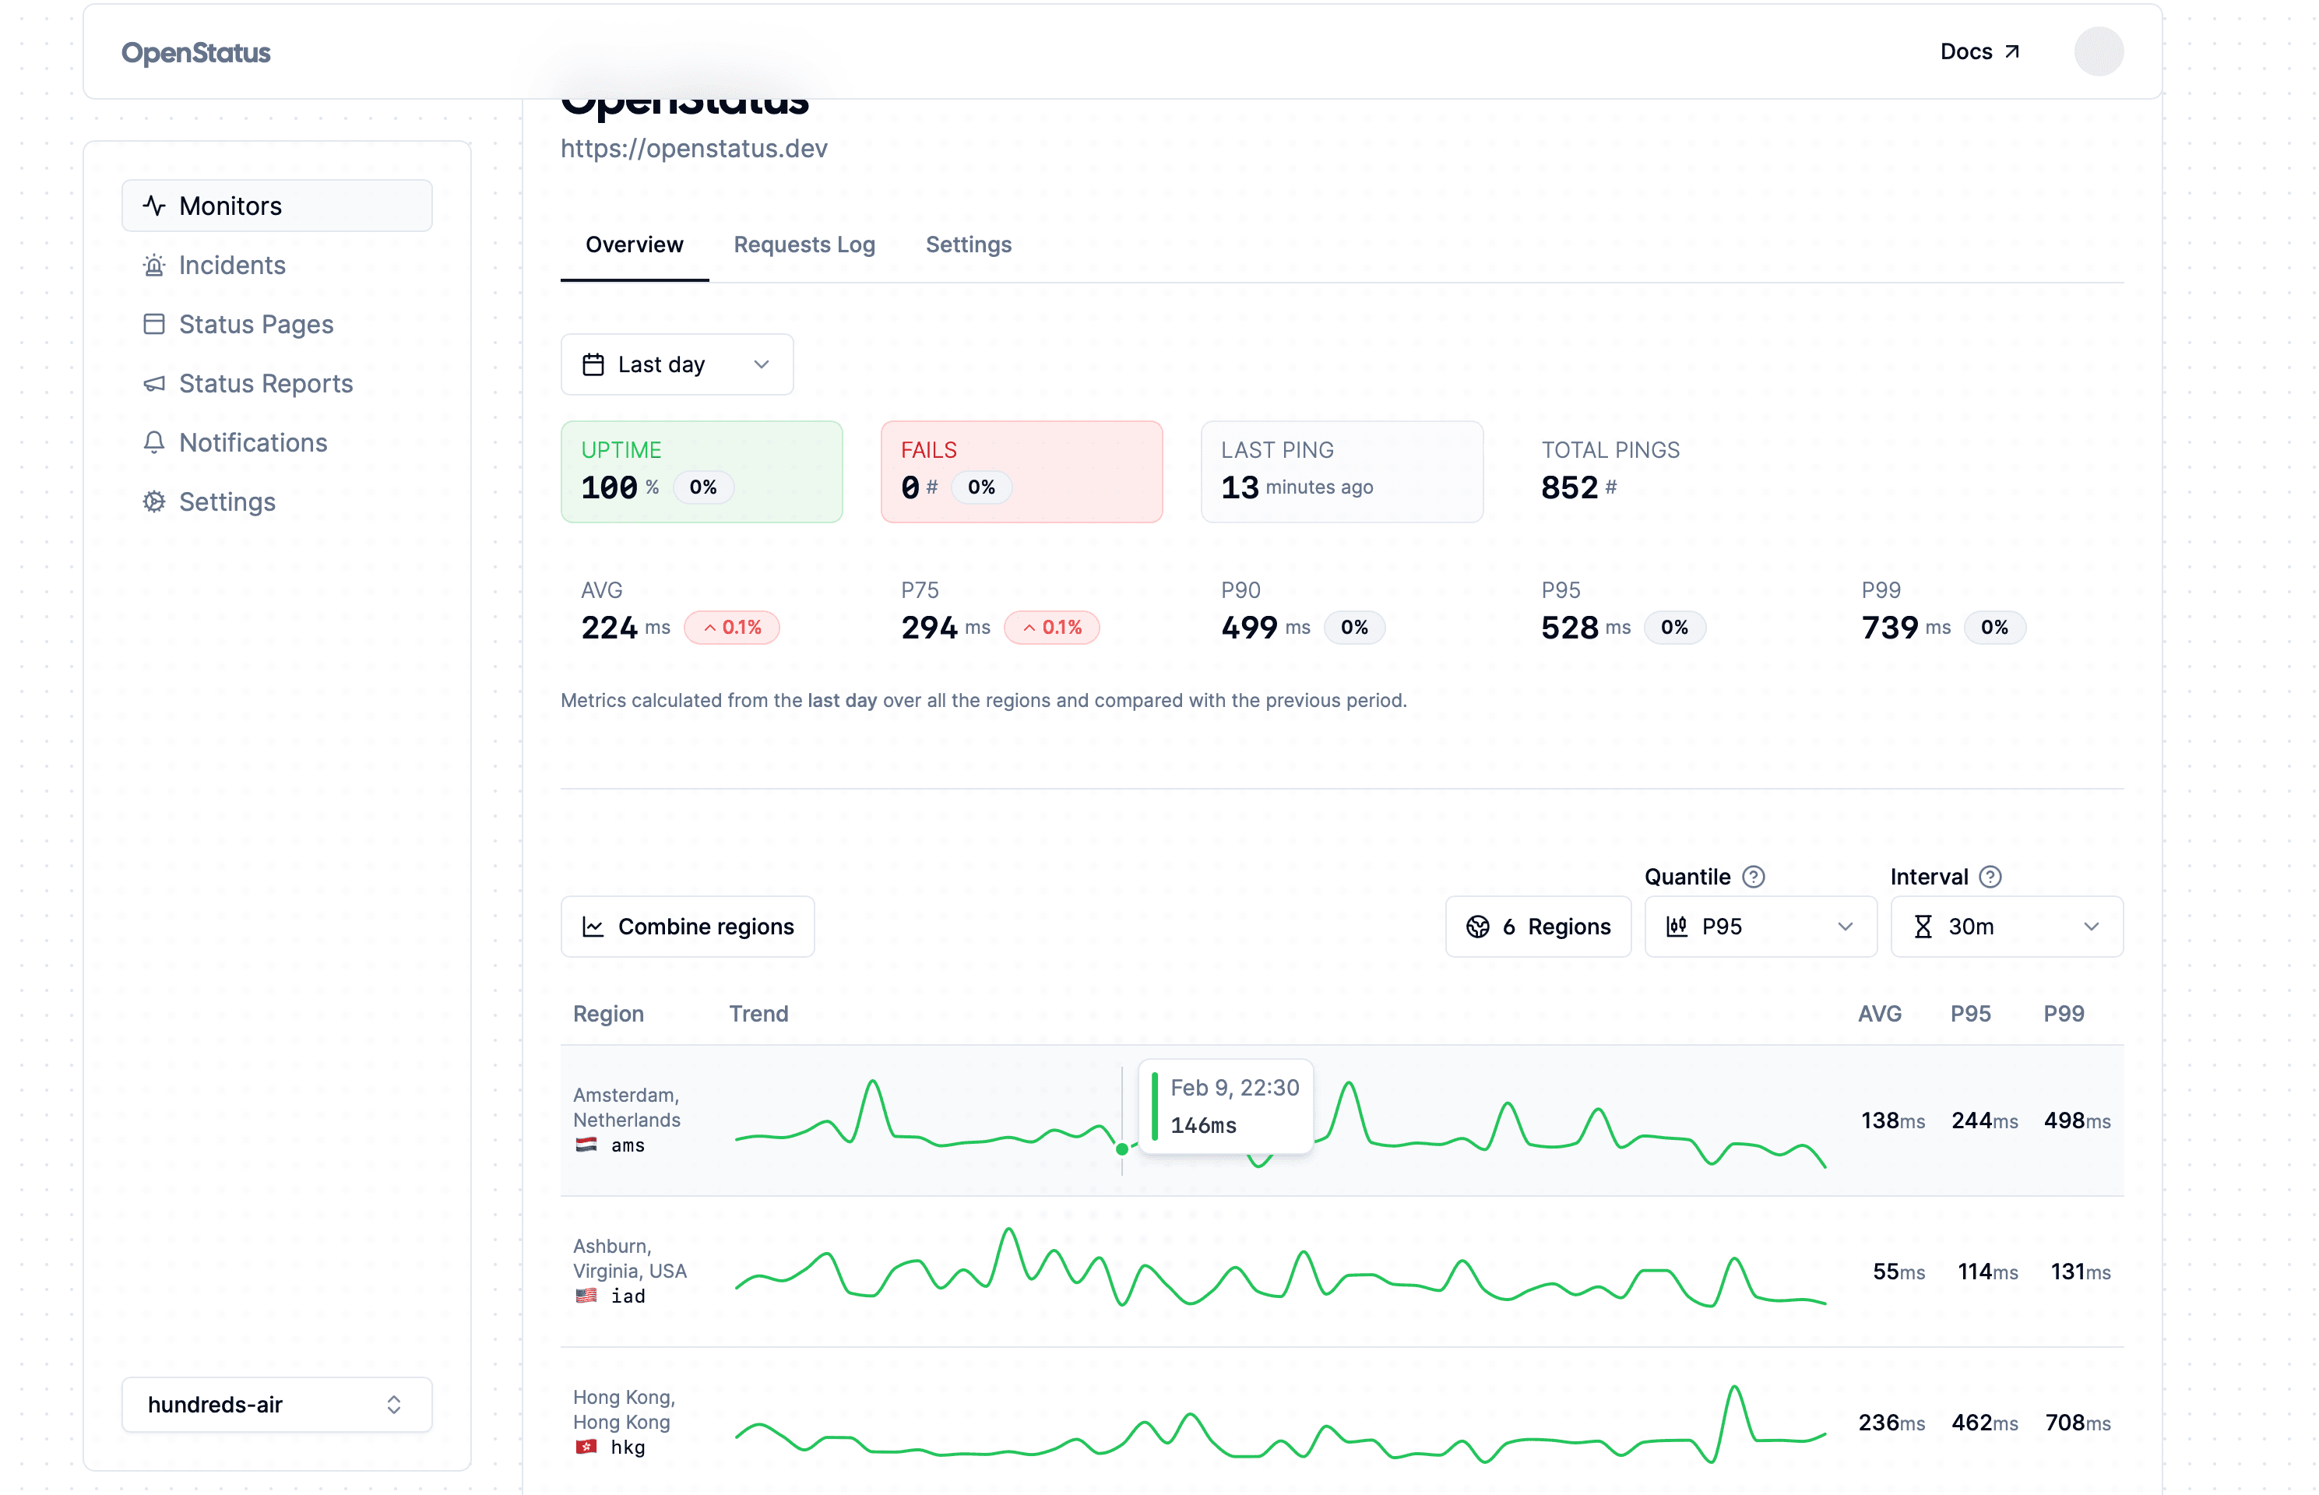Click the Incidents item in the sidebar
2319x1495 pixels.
pyautogui.click(x=231, y=265)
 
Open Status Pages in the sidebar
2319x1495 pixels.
pyautogui.click(x=255, y=324)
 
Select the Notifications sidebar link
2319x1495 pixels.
pyautogui.click(x=252, y=443)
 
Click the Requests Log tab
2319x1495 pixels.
pyautogui.click(x=804, y=244)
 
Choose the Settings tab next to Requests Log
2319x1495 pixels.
pyautogui.click(x=968, y=244)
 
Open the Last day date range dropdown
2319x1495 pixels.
pyautogui.click(x=677, y=365)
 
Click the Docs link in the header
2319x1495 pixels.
pyautogui.click(x=1978, y=51)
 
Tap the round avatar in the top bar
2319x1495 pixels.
pyautogui.click(x=2098, y=51)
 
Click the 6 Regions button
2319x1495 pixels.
pyautogui.click(x=1538, y=926)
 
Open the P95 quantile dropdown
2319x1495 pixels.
pyautogui.click(x=1759, y=926)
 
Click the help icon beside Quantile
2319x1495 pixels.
pyautogui.click(x=1753, y=877)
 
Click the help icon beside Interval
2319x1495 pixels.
pyautogui.click(x=1990, y=877)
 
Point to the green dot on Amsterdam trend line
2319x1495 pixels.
pyautogui.click(x=1122, y=1149)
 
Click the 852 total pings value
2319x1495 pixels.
pyautogui.click(x=1568, y=487)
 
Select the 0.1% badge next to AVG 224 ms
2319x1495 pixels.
pyautogui.click(x=732, y=627)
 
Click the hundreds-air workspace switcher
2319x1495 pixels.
pyautogui.click(x=276, y=1404)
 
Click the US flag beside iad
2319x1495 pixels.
pyautogui.click(x=586, y=1296)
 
